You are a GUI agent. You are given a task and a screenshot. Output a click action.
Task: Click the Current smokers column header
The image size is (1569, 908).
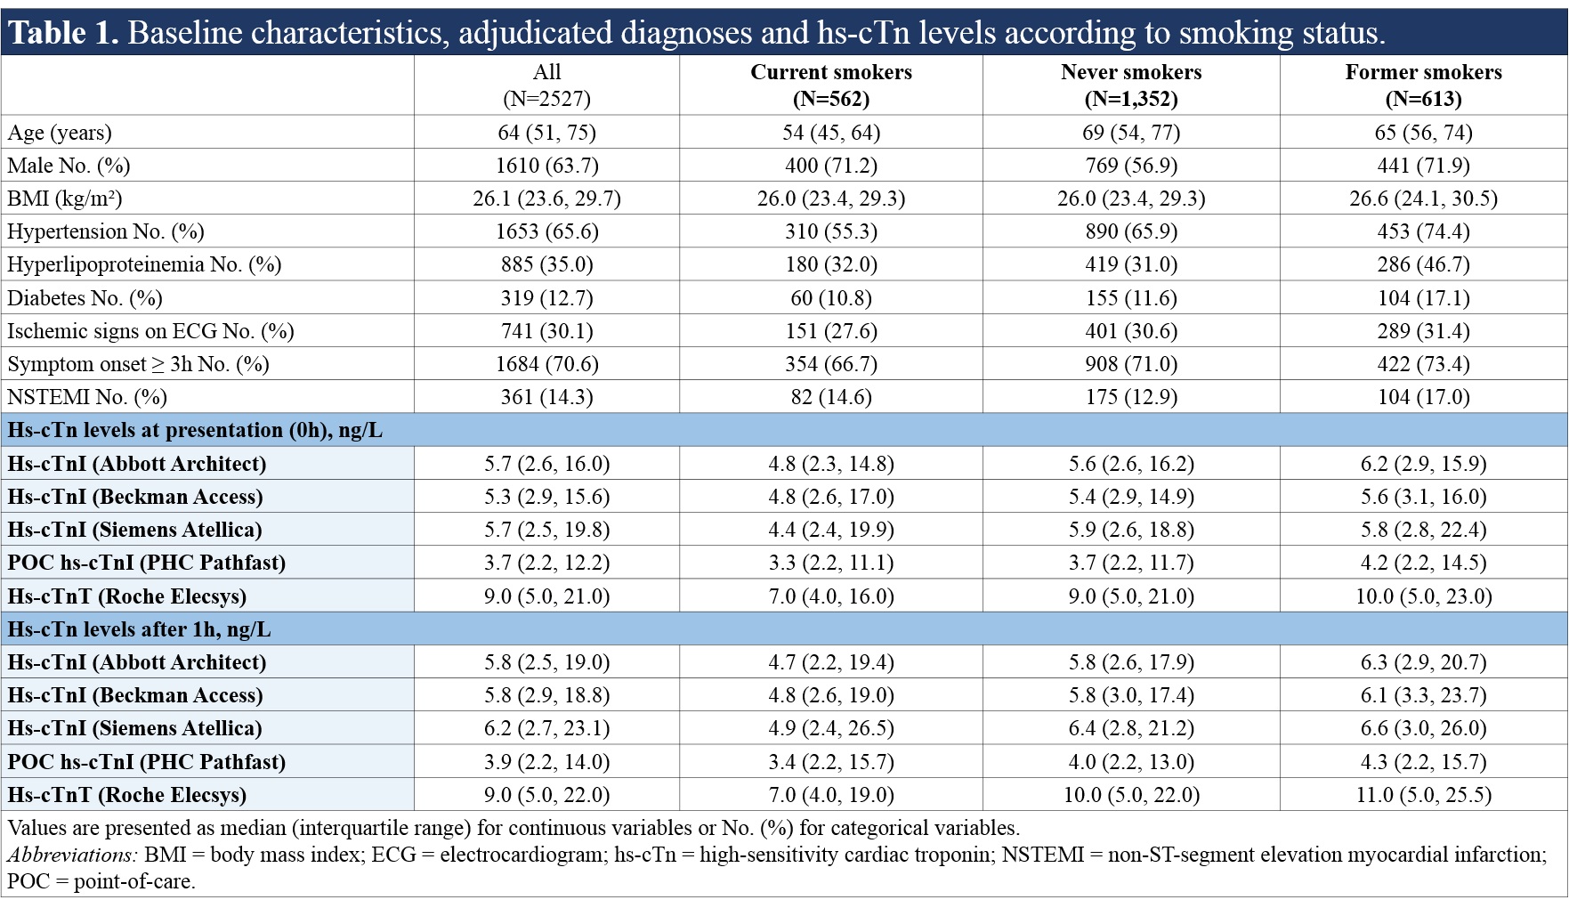pos(831,85)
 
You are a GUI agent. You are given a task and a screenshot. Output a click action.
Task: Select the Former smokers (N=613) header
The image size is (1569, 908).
pos(1423,85)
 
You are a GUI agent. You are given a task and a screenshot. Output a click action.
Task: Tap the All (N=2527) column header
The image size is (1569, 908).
pos(546,85)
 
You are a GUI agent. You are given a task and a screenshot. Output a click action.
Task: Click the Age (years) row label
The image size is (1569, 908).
pos(60,133)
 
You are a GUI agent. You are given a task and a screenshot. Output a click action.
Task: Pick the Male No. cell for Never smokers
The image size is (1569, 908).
pos(1131,166)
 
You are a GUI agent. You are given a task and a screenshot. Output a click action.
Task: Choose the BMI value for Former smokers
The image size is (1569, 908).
pos(1423,199)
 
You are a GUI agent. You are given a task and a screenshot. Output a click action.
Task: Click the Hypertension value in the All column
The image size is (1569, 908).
pos(546,231)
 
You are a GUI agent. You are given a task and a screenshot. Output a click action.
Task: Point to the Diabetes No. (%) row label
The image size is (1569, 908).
pos(85,298)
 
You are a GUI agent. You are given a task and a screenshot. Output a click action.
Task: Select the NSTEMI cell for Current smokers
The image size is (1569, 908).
pos(831,397)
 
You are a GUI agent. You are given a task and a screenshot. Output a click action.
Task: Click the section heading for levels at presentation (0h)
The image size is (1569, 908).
pos(195,431)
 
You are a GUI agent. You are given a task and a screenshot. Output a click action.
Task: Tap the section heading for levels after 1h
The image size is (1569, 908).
pos(139,629)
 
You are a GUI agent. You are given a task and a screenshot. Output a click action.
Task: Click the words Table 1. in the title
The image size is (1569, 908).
pos(63,33)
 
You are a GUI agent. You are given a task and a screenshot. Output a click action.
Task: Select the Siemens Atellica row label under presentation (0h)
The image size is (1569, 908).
pos(134,530)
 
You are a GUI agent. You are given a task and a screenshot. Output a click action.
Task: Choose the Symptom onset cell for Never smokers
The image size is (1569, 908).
pos(1131,364)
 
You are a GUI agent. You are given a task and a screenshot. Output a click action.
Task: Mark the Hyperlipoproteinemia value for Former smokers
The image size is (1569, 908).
pos(1423,264)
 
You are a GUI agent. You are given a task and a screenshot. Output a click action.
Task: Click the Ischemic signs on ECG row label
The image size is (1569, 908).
pos(150,331)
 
